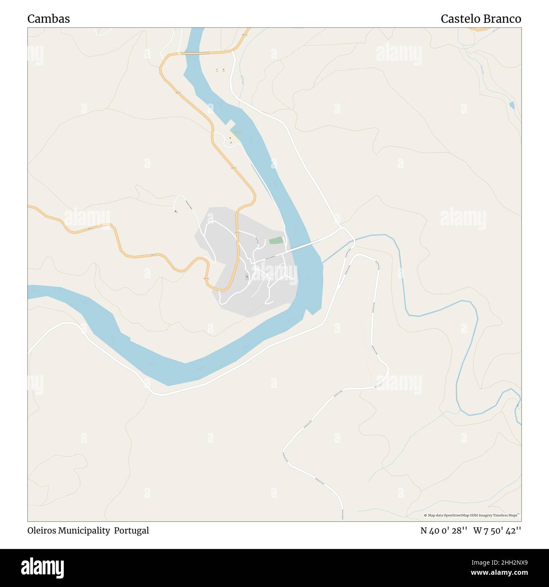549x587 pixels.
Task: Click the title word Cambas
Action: [x=49, y=19]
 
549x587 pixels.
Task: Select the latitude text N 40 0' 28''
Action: [x=443, y=530]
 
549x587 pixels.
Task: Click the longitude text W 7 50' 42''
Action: [x=497, y=530]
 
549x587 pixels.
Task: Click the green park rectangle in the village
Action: [x=276, y=241]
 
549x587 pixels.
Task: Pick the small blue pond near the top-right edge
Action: [x=512, y=105]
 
